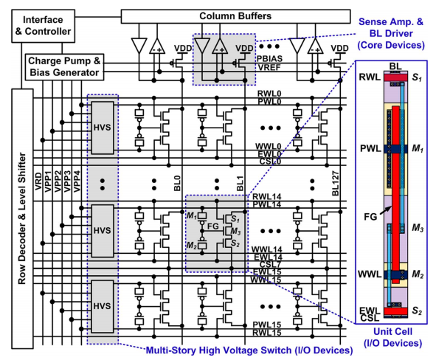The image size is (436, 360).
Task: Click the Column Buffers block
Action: click(235, 16)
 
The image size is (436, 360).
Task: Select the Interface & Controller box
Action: click(43, 26)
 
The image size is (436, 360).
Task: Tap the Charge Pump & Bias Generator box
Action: click(64, 67)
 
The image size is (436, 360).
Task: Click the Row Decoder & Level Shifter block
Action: click(22, 218)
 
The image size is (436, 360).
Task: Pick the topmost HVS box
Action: click(103, 128)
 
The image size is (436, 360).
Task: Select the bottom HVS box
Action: click(103, 306)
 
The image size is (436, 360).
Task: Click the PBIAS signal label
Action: click(269, 59)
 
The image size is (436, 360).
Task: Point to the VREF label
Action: click(269, 67)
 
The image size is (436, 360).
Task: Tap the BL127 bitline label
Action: click(336, 183)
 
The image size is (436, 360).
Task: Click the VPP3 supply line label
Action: click(67, 181)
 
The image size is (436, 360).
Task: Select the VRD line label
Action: click(38, 181)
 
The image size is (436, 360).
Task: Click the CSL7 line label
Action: click(270, 264)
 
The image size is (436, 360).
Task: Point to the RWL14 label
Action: click(266, 197)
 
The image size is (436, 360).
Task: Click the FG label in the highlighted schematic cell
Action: click(213, 226)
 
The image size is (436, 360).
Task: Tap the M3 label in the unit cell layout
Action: click(418, 228)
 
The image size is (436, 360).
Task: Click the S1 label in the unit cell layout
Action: click(417, 77)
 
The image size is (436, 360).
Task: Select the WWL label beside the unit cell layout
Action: click(370, 274)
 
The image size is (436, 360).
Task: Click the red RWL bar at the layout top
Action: click(395, 77)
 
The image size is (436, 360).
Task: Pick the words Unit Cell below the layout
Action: click(392, 331)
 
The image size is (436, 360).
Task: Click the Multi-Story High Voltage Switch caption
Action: click(249, 350)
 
